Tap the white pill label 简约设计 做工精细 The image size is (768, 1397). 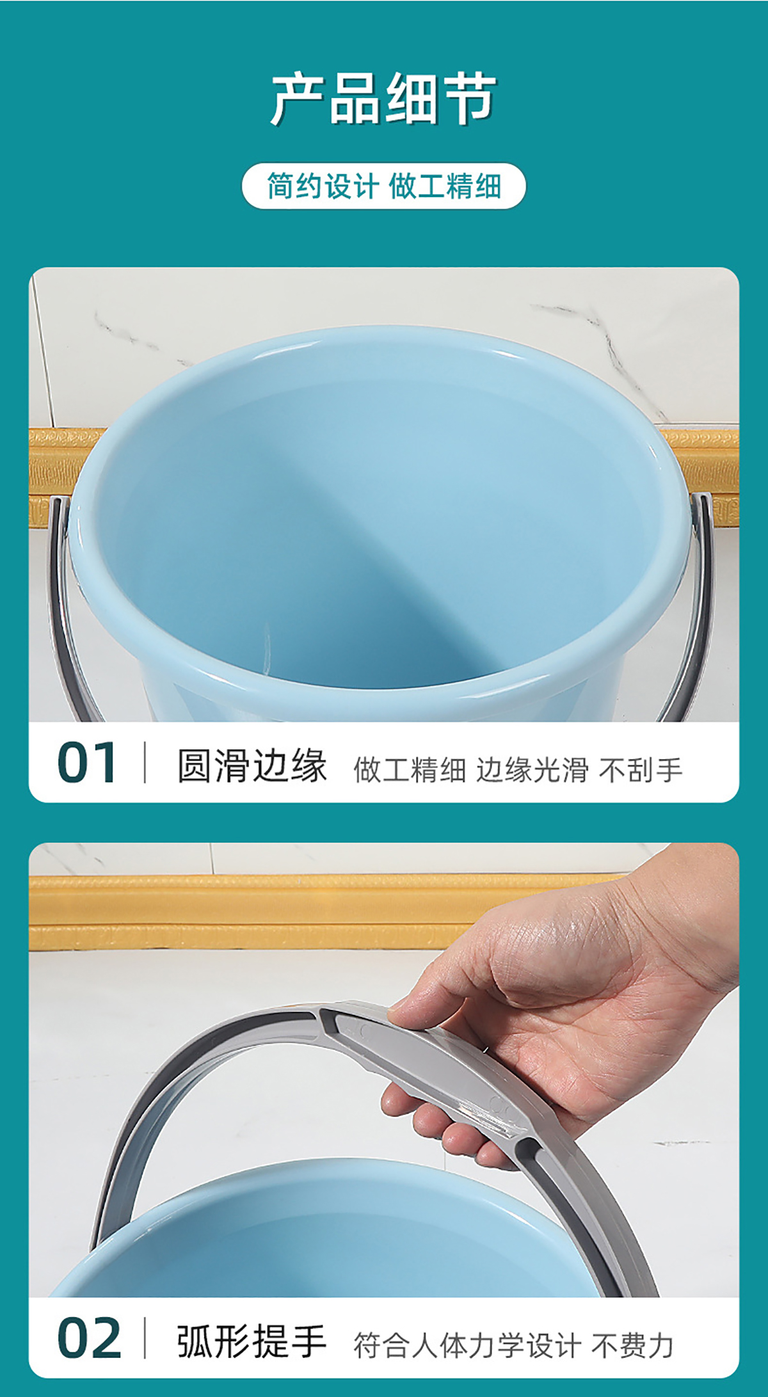(384, 186)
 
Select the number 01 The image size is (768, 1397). (86, 762)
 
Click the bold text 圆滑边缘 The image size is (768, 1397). (252, 765)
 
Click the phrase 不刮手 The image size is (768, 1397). (641, 769)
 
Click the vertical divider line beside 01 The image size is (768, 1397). (145, 762)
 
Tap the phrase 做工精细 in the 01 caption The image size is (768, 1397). (410, 769)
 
